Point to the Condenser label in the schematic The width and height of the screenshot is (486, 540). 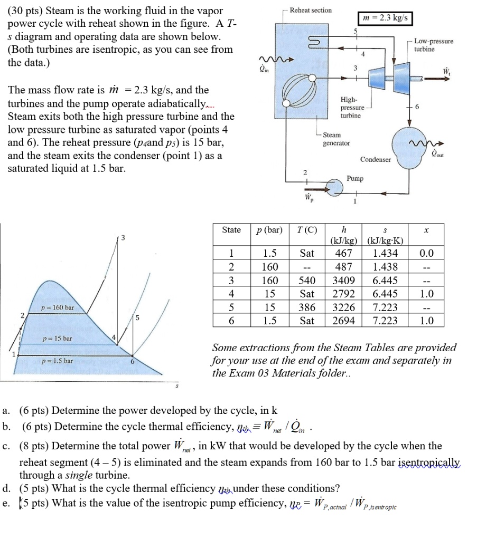pos(376,159)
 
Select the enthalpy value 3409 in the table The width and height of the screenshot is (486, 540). pos(344,280)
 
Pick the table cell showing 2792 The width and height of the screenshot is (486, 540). pos(344,294)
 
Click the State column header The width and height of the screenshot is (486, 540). pos(231,230)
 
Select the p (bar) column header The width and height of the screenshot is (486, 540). pos(269,230)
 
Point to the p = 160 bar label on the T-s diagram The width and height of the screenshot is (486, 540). pos(59,307)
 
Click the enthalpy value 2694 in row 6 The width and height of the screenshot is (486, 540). pos(344,321)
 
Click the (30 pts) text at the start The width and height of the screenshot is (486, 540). pos(23,11)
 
